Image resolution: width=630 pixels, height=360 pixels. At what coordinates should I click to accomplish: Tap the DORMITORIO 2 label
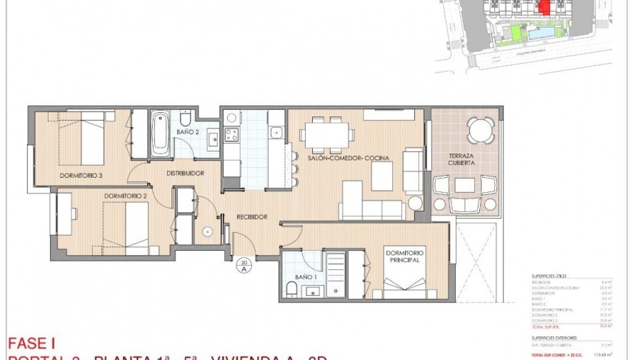pos(124,195)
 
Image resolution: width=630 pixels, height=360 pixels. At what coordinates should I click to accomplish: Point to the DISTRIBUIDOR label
pos(186,174)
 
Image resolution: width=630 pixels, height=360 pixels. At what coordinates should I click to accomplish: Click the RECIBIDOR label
pos(252,216)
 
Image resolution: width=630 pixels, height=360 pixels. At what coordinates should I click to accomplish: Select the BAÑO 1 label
pos(306,277)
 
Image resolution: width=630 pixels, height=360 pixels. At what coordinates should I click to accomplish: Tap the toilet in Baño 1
pos(291,288)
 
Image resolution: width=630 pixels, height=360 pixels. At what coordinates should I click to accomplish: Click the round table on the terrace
pos(478,130)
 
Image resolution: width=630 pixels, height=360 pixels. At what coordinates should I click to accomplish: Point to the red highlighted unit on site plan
pos(544,8)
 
